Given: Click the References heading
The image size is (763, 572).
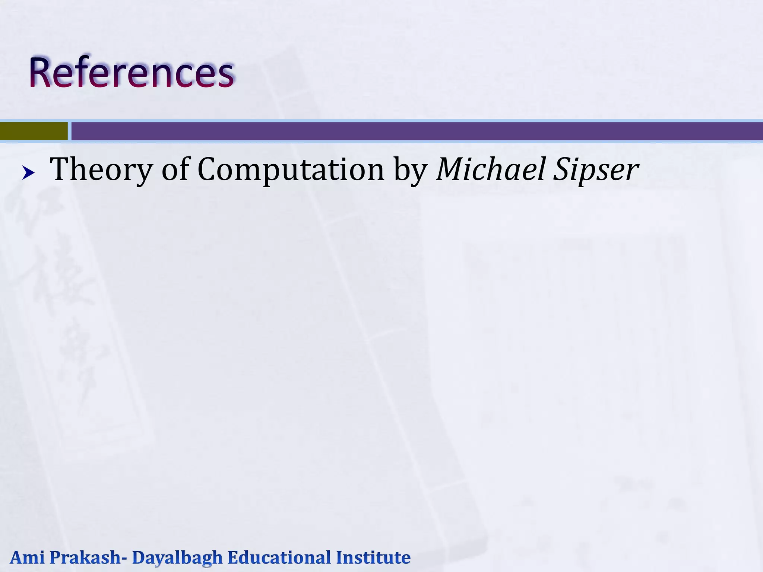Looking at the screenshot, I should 132,72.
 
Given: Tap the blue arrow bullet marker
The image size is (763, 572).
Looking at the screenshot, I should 28,173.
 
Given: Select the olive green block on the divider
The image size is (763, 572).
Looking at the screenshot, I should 34,131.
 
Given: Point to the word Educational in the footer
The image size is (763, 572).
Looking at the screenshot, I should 279,557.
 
